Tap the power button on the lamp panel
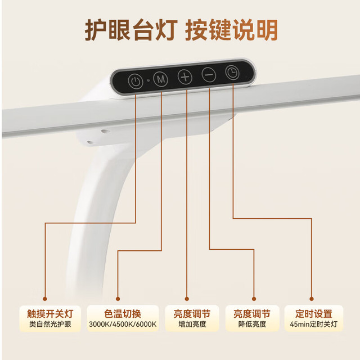click(x=136, y=81)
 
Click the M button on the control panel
click(x=160, y=79)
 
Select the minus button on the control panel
click(x=209, y=75)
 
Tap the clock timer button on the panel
click(x=232, y=73)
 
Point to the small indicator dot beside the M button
click(x=148, y=80)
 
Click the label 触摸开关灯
click(x=50, y=314)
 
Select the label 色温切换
click(x=123, y=314)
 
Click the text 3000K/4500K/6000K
click(x=123, y=324)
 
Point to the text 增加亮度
click(x=192, y=324)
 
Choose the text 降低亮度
click(x=252, y=324)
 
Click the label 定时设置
click(x=314, y=314)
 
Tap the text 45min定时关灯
click(x=314, y=324)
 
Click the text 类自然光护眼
click(x=50, y=324)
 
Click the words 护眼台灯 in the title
click(x=131, y=30)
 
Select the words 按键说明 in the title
click(x=231, y=30)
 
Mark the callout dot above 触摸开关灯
click(x=45, y=299)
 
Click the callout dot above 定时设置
click(x=312, y=299)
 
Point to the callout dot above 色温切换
click(x=118, y=299)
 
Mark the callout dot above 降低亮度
click(x=254, y=299)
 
